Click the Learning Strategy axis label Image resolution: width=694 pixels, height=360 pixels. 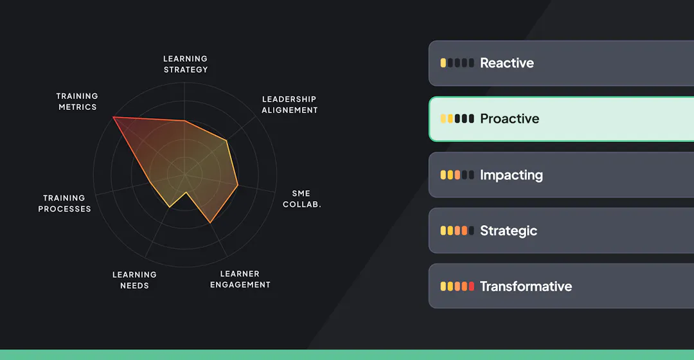pyautogui.click(x=185, y=64)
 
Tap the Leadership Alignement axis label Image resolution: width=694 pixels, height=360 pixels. pyautogui.click(x=289, y=105)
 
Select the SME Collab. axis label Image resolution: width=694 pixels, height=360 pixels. pyautogui.click(x=301, y=199)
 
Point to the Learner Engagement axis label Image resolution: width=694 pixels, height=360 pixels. pyautogui.click(x=240, y=279)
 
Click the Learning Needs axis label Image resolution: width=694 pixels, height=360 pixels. pyautogui.click(x=134, y=280)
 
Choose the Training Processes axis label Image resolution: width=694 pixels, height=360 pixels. pyautogui.click(x=64, y=203)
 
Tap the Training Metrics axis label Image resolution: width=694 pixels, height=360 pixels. pyautogui.click(x=77, y=102)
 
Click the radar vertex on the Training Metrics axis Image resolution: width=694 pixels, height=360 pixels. pyautogui.click(x=113, y=117)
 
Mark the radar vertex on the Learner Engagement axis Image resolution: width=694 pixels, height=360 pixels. pyautogui.click(x=210, y=223)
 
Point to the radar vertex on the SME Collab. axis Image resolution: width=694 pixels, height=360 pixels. pyautogui.click(x=238, y=186)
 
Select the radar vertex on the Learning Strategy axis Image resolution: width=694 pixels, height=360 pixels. pyautogui.click(x=185, y=120)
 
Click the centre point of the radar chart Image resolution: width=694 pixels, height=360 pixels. pyautogui.click(x=185, y=174)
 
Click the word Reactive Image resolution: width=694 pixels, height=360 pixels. pyautogui.click(x=506, y=63)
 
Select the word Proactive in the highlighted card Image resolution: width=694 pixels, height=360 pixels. pyautogui.click(x=510, y=119)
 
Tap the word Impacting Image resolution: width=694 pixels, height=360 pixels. pyautogui.click(x=511, y=175)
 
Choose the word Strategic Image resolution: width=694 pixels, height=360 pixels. pyautogui.click(x=508, y=231)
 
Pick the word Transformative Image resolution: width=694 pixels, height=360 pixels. pyautogui.click(x=526, y=287)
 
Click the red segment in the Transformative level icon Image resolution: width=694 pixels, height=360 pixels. pyautogui.click(x=472, y=287)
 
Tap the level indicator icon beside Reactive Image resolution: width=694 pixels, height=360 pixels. pyautogui.click(x=457, y=63)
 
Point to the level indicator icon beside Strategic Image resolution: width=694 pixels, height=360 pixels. pyautogui.click(x=457, y=231)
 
